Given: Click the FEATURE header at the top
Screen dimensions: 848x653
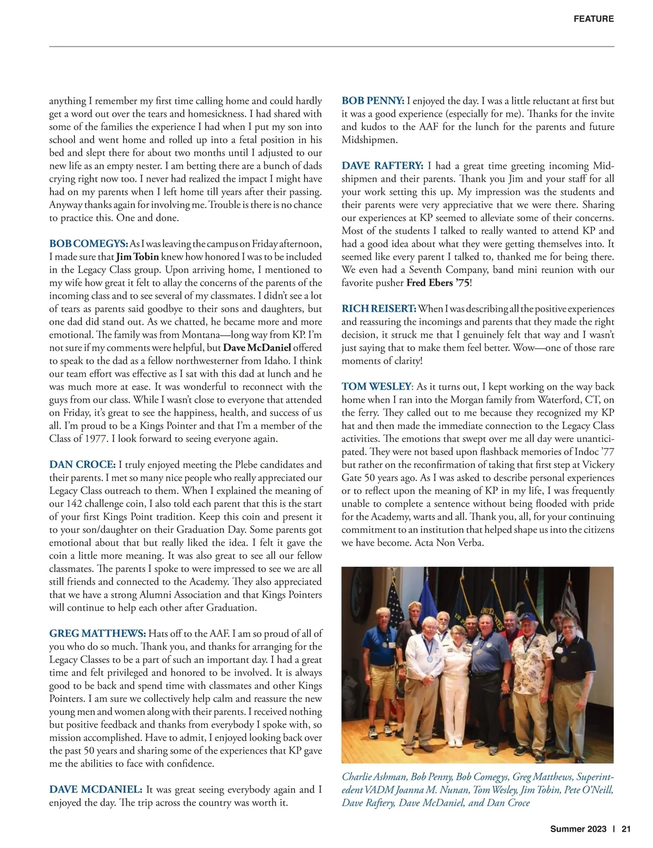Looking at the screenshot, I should (x=593, y=19).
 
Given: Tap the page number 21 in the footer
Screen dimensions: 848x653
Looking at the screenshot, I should (x=626, y=829).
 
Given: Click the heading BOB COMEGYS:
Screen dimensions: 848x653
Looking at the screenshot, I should (x=89, y=244).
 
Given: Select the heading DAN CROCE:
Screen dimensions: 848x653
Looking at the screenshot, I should (x=82, y=465).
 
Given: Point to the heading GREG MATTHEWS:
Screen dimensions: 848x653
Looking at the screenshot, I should (x=97, y=634).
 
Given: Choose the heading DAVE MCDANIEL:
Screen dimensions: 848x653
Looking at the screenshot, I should (x=96, y=790).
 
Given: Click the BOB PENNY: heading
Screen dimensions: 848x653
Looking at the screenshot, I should (x=373, y=101).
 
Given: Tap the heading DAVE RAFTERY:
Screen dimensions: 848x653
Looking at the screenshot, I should (x=382, y=166).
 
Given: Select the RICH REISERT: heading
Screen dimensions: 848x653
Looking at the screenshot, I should (x=379, y=309).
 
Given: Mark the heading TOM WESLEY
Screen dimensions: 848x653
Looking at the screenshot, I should (x=376, y=387).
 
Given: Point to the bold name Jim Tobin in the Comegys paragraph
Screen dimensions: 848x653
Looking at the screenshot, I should (x=137, y=257).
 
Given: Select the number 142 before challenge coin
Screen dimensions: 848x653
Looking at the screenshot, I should (x=74, y=504).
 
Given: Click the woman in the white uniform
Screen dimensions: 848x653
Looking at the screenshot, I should (x=454, y=680).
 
